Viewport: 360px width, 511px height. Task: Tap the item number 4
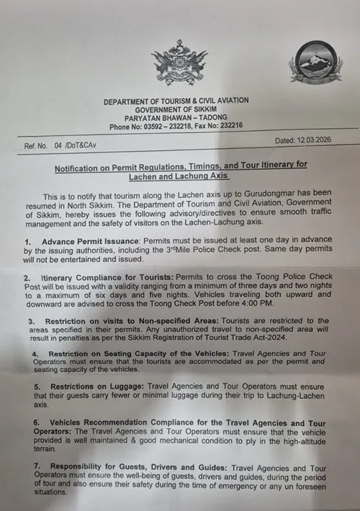35,355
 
